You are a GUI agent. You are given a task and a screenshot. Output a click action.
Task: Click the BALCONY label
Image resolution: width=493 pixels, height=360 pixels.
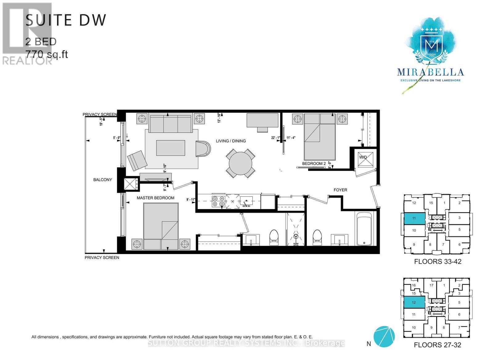point(103,180)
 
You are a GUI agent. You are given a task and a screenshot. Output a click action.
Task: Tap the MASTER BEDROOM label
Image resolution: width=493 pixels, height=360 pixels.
point(155,198)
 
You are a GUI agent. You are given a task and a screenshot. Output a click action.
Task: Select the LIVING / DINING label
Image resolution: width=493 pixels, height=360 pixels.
point(231,141)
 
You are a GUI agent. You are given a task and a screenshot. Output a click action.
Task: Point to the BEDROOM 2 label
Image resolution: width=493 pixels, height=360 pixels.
point(314,164)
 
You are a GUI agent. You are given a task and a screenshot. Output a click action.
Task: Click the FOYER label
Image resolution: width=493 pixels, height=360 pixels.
point(340,190)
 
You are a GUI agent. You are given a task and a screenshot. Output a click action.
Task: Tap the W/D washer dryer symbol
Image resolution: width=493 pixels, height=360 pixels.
point(365,159)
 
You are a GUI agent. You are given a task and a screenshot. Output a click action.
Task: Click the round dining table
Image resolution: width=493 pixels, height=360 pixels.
point(241,164)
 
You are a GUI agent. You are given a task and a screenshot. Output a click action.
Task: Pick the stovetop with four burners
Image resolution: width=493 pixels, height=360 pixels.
point(218,201)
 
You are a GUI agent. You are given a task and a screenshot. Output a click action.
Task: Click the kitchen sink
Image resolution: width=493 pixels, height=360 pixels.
point(246,201)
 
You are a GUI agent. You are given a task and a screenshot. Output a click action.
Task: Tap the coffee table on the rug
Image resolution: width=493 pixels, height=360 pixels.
point(170,148)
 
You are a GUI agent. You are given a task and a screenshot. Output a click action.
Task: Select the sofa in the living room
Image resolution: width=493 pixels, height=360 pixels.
point(171,123)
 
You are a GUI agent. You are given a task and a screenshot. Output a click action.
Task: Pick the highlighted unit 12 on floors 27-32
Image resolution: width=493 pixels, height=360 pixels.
point(414,302)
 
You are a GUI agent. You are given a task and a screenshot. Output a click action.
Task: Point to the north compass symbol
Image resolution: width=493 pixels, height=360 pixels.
point(384,337)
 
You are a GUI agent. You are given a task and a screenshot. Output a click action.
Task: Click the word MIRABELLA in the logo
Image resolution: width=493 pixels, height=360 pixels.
point(430,72)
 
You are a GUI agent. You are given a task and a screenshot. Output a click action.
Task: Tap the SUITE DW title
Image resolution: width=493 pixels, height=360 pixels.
point(66,20)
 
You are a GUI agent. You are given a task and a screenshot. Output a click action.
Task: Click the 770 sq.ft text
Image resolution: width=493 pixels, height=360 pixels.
point(47,55)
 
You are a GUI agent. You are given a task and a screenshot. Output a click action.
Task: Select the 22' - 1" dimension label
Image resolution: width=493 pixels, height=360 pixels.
point(275,138)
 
